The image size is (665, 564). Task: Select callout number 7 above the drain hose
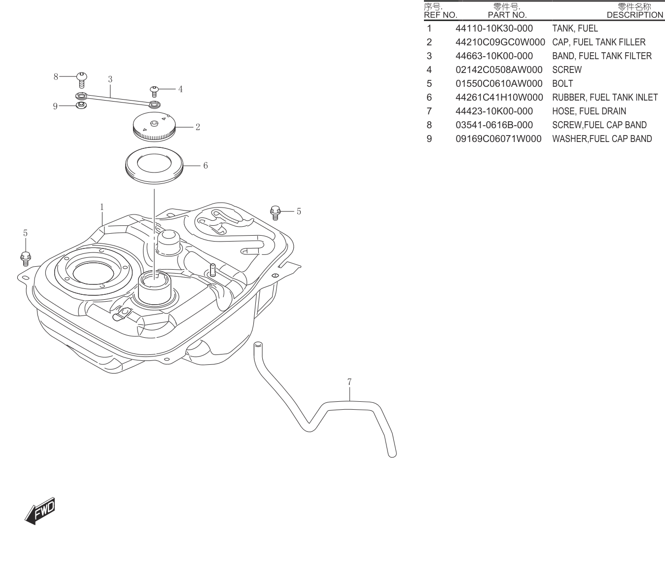coord(350,382)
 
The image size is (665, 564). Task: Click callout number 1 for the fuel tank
coord(102,207)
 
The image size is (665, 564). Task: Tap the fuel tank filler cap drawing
coord(154,126)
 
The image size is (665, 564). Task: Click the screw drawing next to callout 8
coord(82,80)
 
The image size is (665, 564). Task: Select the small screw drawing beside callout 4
coord(154,92)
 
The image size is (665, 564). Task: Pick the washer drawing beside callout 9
coord(81,105)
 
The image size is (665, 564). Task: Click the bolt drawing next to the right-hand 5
coord(275,212)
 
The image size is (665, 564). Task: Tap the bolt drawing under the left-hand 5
coord(26,259)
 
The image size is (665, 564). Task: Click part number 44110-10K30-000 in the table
coord(494,28)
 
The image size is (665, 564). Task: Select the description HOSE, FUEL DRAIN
coord(589,111)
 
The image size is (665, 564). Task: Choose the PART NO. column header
coord(507,15)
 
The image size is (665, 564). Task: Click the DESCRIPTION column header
coord(635,15)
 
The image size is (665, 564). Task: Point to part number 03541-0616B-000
coord(494,125)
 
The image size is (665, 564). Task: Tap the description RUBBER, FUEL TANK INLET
coord(605,97)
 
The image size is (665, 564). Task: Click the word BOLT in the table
coord(562,83)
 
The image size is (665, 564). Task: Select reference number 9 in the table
coord(429,139)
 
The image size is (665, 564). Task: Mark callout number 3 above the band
coord(110,79)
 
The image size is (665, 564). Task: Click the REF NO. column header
coord(440,15)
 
